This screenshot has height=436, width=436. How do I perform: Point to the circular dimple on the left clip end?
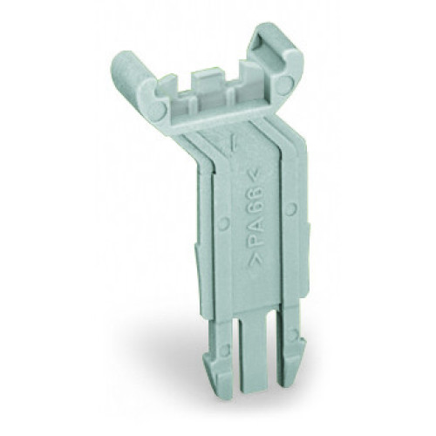tap(155, 112)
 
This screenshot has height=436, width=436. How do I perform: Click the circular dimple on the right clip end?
tap(285, 85)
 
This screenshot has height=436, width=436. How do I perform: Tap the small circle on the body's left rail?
tap(224, 224)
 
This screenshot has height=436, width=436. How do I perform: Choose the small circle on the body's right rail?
tap(291, 208)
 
